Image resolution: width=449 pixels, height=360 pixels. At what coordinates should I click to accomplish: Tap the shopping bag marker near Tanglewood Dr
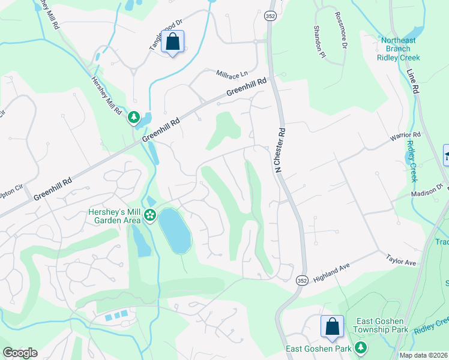pyautogui.click(x=173, y=43)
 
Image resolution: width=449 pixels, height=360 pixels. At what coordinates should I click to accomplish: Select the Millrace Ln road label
pyautogui.click(x=232, y=73)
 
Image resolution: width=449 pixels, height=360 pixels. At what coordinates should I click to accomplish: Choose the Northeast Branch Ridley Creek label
pyautogui.click(x=399, y=49)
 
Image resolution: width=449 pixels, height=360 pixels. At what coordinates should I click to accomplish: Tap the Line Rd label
pyautogui.click(x=412, y=81)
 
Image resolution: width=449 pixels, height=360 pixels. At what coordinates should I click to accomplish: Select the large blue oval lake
pyautogui.click(x=175, y=231)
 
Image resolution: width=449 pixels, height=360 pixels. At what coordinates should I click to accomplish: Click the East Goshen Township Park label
pyautogui.click(x=381, y=325)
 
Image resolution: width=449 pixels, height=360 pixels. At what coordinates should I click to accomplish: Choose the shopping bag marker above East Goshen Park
pyautogui.click(x=332, y=327)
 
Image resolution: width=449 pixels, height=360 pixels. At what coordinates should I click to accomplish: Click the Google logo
pyautogui.click(x=19, y=353)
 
